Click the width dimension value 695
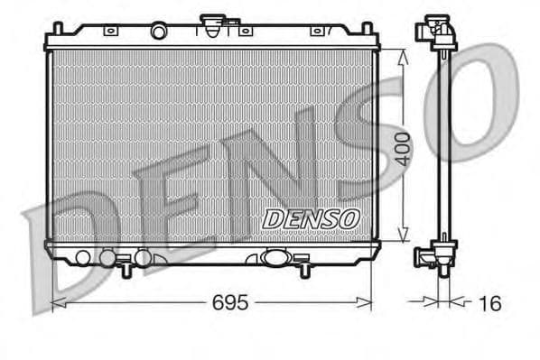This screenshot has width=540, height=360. pyautogui.click(x=230, y=303)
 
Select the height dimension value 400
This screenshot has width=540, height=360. pyautogui.click(x=403, y=148)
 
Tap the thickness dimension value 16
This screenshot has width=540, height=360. pyautogui.click(x=489, y=304)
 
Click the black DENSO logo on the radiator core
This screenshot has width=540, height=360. pyautogui.click(x=311, y=218)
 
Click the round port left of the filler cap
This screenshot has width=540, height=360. pyautogui.click(x=158, y=32)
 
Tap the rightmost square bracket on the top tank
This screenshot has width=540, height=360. pyautogui.click(x=317, y=31)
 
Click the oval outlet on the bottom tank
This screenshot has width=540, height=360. pyautogui.click(x=273, y=257)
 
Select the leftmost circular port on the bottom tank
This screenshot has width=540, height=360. pyautogui.click(x=83, y=258)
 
